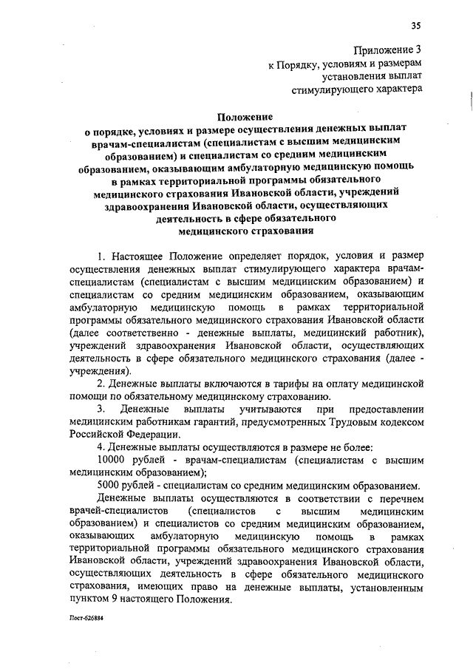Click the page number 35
416,27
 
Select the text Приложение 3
389,50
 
